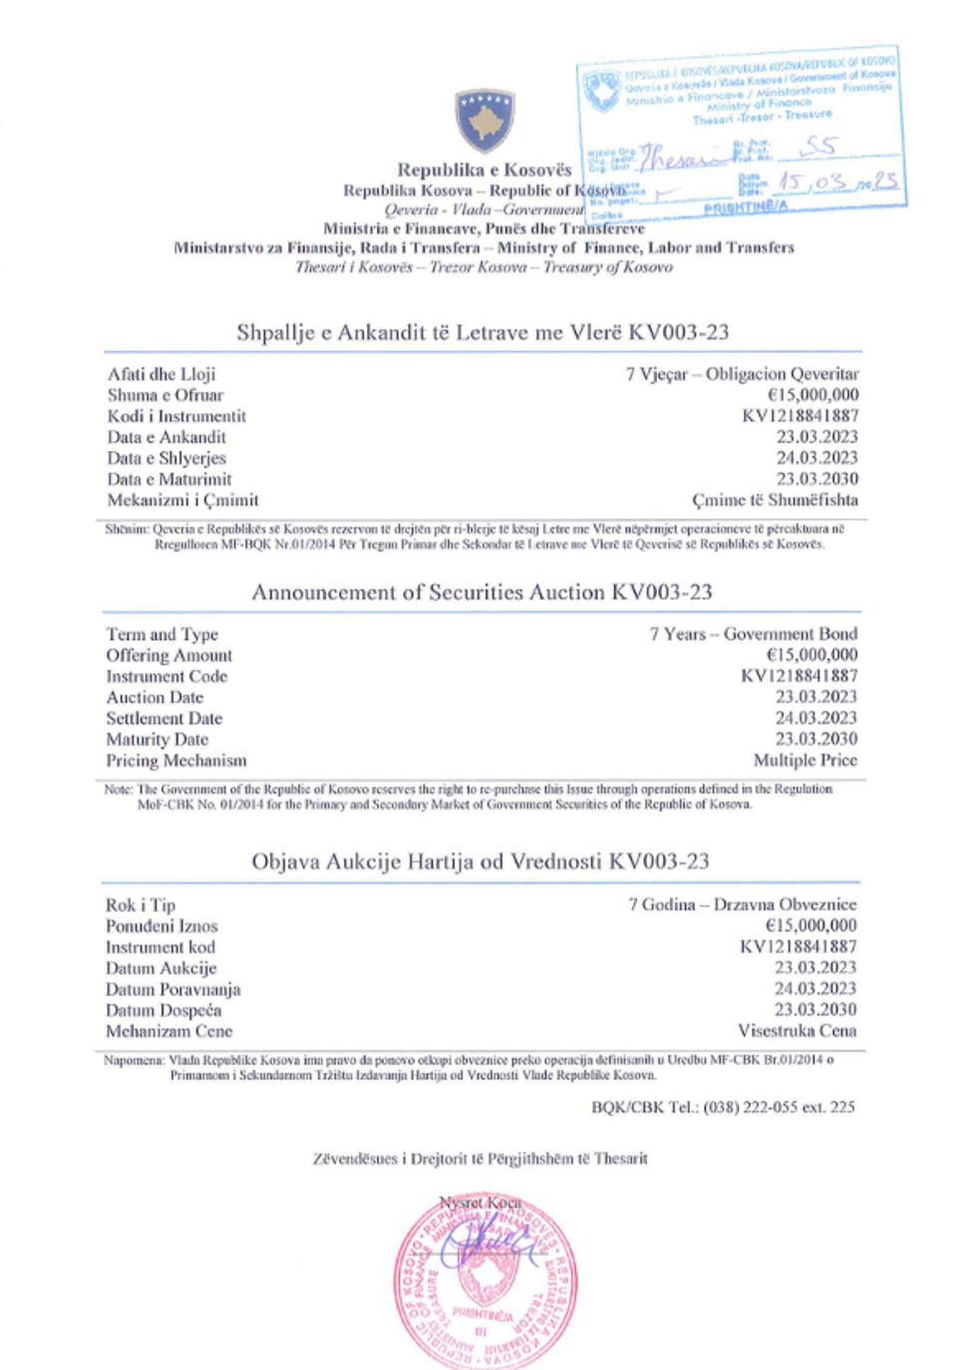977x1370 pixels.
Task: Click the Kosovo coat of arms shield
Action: pyautogui.click(x=485, y=120)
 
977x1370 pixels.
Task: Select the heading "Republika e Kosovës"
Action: pyautogui.click(x=485, y=170)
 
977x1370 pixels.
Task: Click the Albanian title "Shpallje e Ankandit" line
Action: pyautogui.click(x=483, y=333)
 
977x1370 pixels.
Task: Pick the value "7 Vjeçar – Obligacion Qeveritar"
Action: pyautogui.click(x=742, y=374)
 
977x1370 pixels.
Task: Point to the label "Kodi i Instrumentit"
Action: pyautogui.click(x=176, y=416)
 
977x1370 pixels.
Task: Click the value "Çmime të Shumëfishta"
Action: pyautogui.click(x=775, y=500)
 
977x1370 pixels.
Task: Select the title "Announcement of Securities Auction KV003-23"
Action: pyautogui.click(x=482, y=592)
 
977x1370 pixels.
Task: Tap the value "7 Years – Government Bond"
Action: pyautogui.click(x=753, y=634)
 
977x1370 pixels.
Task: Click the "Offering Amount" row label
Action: pyautogui.click(x=169, y=655)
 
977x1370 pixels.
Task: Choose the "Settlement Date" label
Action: pyautogui.click(x=164, y=718)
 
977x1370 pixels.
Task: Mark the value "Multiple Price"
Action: pyautogui.click(x=805, y=760)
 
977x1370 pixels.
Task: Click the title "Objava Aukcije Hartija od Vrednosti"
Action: pyautogui.click(x=480, y=861)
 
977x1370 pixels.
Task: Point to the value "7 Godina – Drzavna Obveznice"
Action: pyautogui.click(x=742, y=904)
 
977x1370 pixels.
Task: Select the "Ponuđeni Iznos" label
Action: pyautogui.click(x=162, y=926)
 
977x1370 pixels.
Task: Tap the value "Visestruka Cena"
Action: pyautogui.click(x=797, y=1031)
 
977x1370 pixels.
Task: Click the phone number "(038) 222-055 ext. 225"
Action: pyautogui.click(x=779, y=1107)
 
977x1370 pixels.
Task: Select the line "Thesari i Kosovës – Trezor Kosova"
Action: pyautogui.click(x=484, y=267)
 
